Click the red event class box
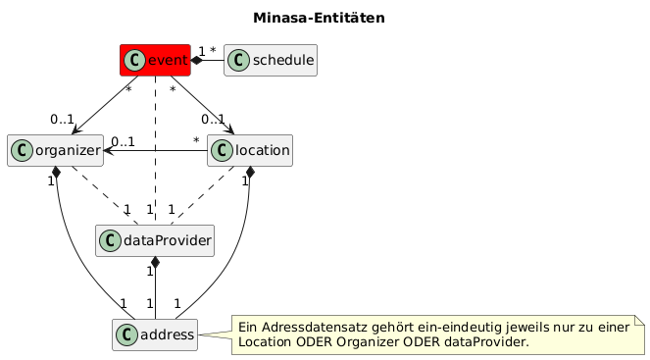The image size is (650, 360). [155, 60]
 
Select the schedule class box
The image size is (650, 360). [271, 60]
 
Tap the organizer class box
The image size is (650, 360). [55, 150]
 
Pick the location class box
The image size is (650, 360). [250, 150]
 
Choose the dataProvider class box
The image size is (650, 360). [155, 240]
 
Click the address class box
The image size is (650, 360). [155, 334]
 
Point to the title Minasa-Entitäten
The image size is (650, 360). [320, 18]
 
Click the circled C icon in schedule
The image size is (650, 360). [239, 60]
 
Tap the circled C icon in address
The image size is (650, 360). [126, 334]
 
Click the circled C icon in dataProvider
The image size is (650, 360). [110, 240]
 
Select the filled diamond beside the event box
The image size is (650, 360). [196, 61]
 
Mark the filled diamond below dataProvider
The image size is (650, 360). [155, 262]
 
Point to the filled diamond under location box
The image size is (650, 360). [250, 172]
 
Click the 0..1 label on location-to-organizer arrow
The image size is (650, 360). [124, 142]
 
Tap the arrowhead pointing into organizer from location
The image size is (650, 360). [108, 150]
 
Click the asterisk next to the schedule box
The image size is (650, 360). [213, 50]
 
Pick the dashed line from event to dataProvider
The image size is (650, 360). [155, 150]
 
